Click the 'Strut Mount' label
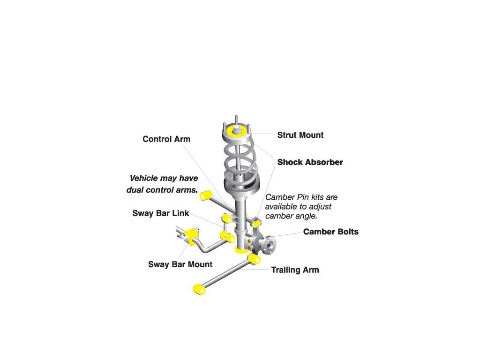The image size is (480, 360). point(300,135)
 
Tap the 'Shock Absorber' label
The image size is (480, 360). point(310,162)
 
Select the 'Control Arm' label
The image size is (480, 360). point(166,139)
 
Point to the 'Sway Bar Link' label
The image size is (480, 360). point(161,213)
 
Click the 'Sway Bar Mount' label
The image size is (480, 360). point(180,264)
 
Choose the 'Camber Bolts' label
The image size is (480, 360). point(330,232)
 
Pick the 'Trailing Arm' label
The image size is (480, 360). point(295,270)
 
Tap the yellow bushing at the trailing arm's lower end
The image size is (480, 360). point(199,289)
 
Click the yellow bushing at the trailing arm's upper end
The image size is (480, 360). point(255,260)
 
